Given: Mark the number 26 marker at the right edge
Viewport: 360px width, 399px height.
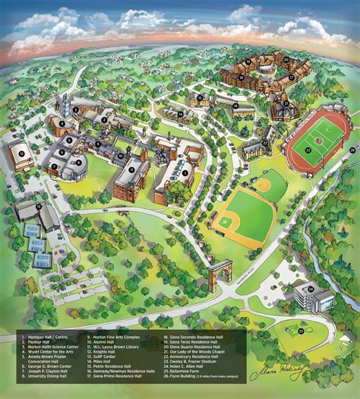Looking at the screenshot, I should (352, 149).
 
